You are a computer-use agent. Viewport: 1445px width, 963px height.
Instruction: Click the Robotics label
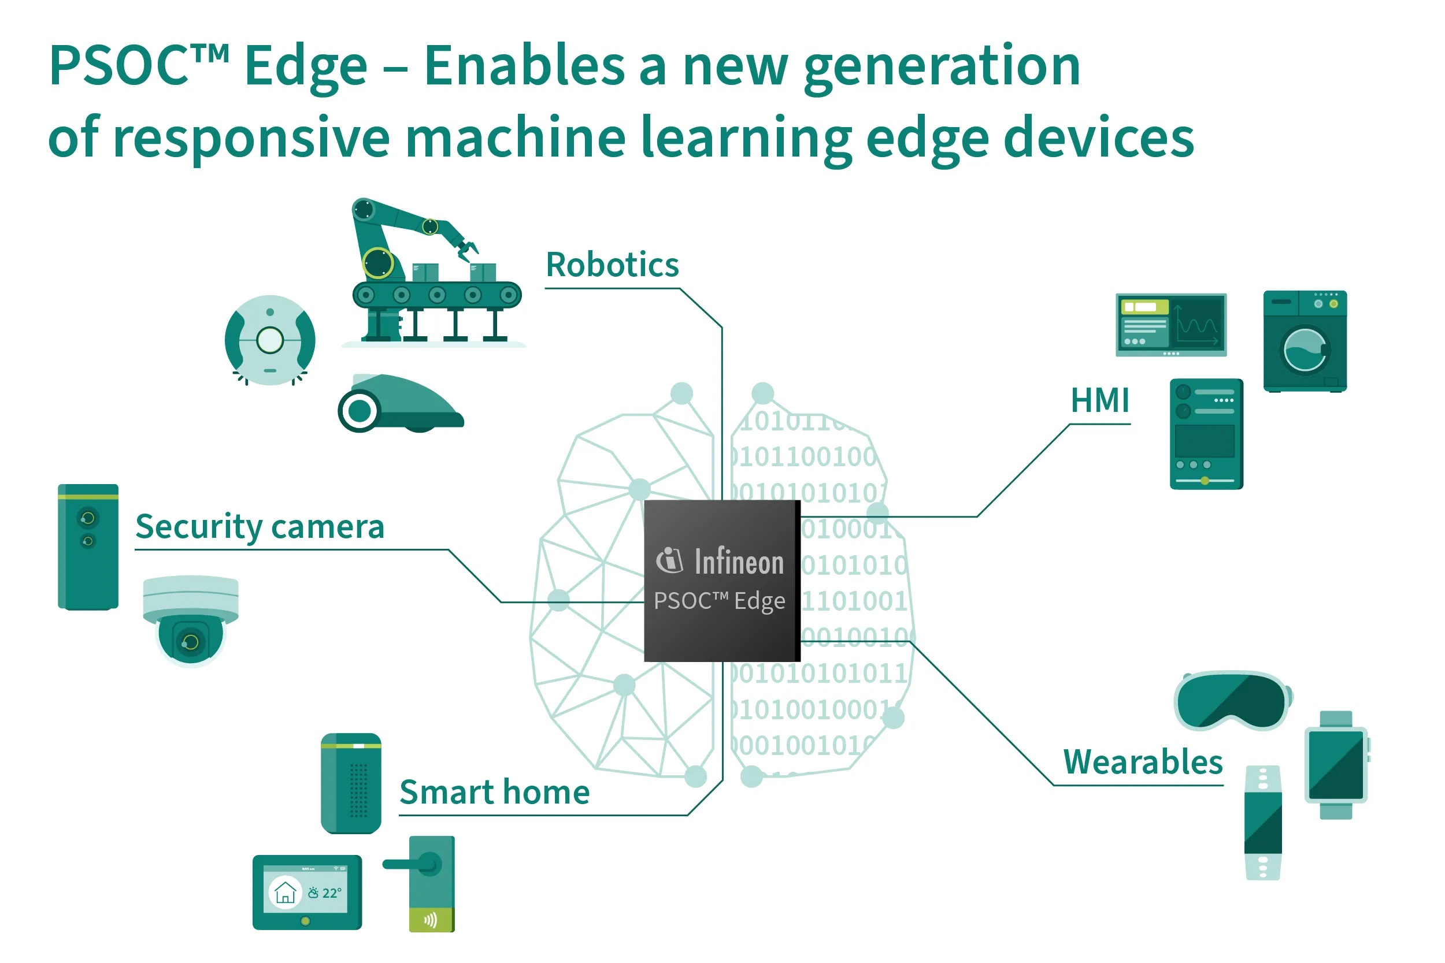point(612,265)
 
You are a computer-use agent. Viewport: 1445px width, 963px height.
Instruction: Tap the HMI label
point(1100,401)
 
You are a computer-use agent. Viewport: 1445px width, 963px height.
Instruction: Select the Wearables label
point(1143,762)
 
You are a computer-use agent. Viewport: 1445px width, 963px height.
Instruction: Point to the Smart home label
point(495,792)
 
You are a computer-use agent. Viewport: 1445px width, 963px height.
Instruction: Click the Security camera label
point(260,527)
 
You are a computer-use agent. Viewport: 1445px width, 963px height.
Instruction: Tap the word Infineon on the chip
point(739,562)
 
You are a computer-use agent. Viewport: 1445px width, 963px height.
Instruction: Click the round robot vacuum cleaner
point(270,340)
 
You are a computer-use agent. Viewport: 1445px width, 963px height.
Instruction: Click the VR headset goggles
point(1231,700)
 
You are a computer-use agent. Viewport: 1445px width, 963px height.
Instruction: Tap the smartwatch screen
point(1336,765)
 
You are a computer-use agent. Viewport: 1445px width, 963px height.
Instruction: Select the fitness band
point(1262,823)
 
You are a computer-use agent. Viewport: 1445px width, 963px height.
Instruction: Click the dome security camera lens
point(191,642)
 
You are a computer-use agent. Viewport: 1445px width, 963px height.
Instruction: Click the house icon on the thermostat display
point(285,893)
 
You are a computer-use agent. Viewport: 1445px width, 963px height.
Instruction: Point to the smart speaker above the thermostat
point(351,783)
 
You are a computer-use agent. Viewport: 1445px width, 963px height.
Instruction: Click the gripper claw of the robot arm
point(466,249)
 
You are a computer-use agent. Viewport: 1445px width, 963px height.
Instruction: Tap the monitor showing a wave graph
point(1171,324)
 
